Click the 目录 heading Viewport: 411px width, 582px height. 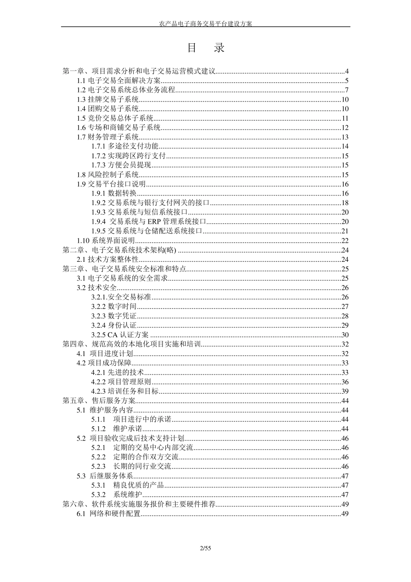205,48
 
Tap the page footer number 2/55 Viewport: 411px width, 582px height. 205,549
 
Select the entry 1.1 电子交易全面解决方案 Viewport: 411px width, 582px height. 119,80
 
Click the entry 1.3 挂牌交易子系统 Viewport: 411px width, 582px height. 108,100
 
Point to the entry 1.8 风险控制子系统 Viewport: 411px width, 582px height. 108,175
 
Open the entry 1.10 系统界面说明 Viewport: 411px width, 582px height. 106,241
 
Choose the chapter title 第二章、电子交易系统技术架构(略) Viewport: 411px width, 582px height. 119,250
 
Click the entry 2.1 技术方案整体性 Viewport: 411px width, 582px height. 108,260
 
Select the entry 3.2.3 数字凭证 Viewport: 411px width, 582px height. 114,316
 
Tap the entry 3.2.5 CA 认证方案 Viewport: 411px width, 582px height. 120,334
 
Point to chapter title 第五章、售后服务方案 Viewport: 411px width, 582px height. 99,400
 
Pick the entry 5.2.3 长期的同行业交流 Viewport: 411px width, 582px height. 131,466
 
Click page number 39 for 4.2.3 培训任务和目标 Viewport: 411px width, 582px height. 345,391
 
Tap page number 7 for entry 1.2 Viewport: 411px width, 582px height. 347,90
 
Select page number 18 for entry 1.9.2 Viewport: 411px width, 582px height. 345,203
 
